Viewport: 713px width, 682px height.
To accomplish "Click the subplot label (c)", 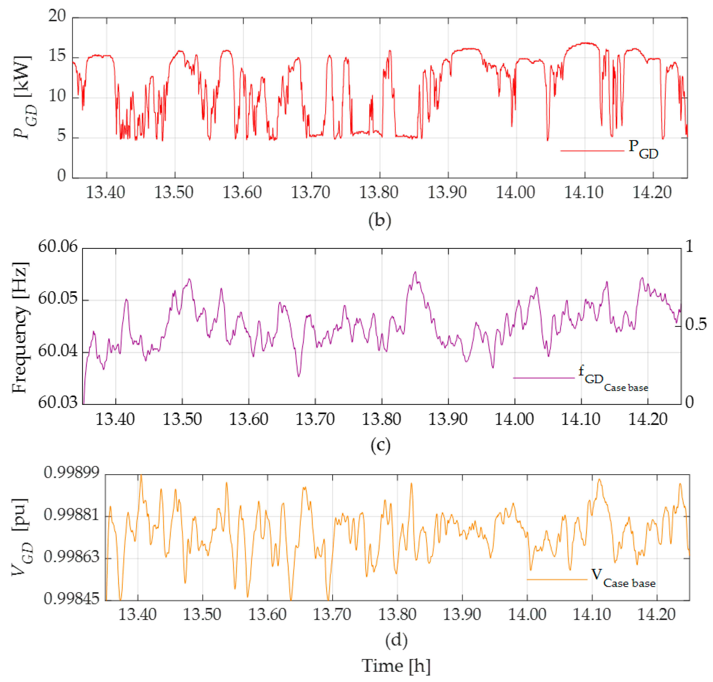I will coord(380,445).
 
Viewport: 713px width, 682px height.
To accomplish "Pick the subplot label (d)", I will coord(396,640).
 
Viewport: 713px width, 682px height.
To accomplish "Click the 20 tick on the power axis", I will coord(57,16).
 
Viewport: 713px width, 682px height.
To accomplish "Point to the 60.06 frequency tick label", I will coord(58,247).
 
